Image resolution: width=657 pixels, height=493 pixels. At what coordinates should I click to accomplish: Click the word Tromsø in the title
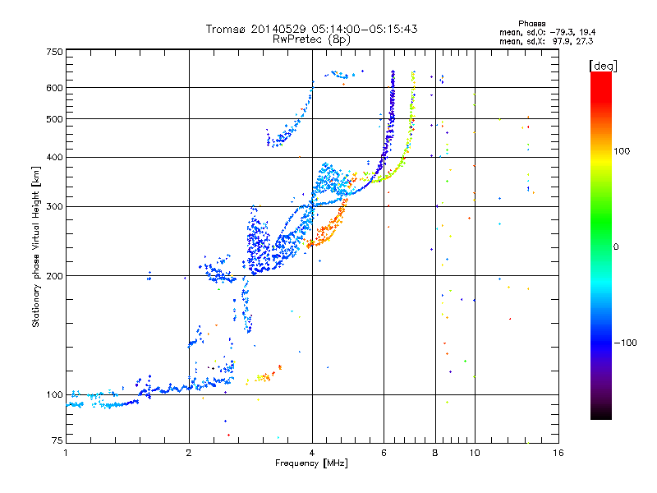(225, 29)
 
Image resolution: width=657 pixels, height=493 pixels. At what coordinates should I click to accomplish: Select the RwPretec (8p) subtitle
(311, 39)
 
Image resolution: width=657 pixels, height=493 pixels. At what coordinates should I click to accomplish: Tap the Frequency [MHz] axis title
(311, 463)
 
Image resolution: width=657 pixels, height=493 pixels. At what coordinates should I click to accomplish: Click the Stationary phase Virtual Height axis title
(35, 246)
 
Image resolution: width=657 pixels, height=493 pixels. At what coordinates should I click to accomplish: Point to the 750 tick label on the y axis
(54, 52)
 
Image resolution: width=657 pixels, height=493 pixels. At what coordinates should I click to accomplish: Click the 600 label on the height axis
(54, 88)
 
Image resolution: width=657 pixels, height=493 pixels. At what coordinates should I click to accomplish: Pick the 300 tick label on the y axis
(54, 207)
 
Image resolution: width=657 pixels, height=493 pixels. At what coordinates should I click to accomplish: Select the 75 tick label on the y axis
(57, 440)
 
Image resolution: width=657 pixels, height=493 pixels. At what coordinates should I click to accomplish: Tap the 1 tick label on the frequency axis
(66, 453)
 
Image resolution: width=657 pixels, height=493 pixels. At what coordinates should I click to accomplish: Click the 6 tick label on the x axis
(384, 453)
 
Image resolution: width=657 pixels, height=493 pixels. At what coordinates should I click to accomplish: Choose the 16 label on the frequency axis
(558, 453)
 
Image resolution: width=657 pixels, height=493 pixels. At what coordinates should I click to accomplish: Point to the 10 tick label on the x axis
(475, 453)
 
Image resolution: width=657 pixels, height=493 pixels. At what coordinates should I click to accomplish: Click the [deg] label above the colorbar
(603, 66)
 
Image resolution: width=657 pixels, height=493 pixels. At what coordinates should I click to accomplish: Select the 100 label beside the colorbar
(622, 151)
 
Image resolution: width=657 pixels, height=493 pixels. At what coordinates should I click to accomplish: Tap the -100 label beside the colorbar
(626, 343)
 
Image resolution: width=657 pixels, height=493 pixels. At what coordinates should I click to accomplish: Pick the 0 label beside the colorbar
(616, 247)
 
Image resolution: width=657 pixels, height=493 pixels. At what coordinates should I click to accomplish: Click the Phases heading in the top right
(531, 24)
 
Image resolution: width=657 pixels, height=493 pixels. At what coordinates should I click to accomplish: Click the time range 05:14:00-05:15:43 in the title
(365, 29)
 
